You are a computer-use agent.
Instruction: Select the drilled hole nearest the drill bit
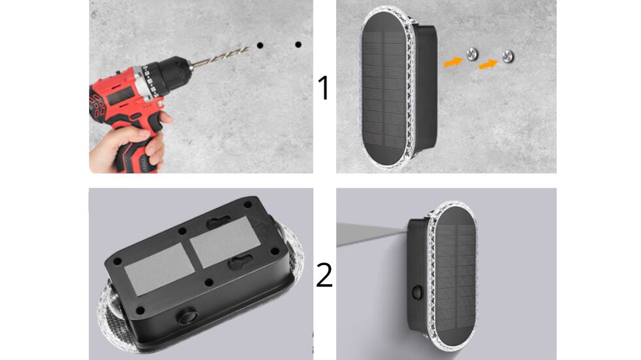[x=260, y=46]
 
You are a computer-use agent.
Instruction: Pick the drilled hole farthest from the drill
[x=298, y=45]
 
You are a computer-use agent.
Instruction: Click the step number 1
[x=324, y=88]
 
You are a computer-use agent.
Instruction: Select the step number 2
[x=324, y=275]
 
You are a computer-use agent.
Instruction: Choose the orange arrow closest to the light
[x=453, y=62]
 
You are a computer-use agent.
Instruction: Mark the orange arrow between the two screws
[x=488, y=63]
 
